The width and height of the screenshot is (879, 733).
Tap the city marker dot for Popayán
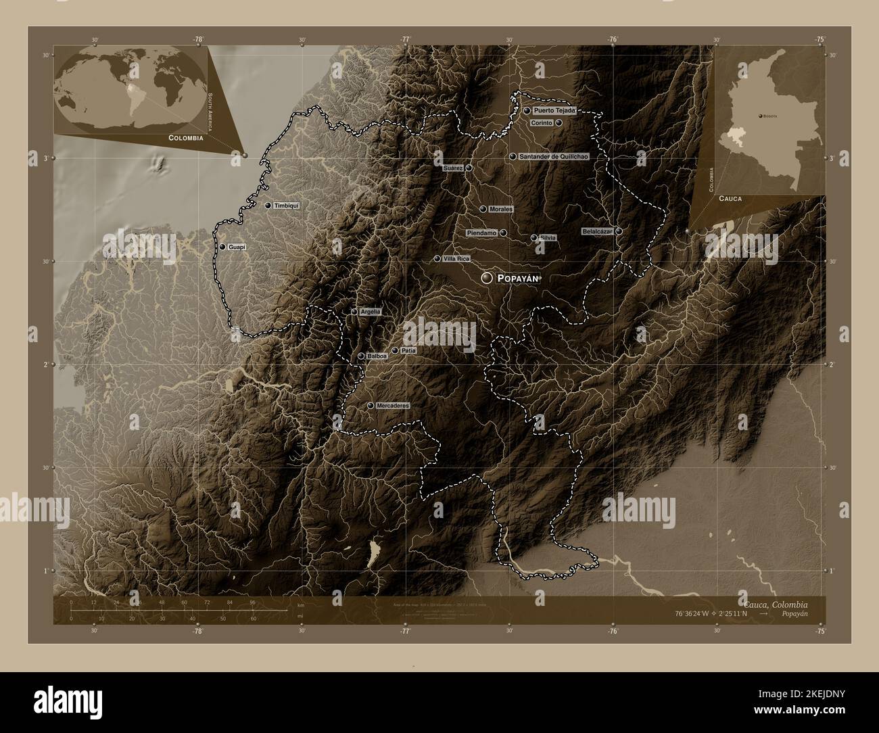(487, 278)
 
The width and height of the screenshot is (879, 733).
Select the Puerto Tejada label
(554, 110)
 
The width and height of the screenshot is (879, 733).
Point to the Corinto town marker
(559, 123)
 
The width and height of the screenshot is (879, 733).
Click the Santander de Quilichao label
(553, 156)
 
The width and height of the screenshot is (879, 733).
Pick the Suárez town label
(452, 168)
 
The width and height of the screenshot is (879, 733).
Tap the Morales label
(500, 210)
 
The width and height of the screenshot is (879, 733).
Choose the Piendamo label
(481, 233)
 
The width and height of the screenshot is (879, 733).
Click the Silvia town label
(548, 237)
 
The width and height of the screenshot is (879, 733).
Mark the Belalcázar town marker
(619, 231)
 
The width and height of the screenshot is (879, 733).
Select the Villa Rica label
(456, 259)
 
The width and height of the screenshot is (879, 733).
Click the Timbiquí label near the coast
(286, 206)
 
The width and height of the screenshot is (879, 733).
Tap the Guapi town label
(237, 247)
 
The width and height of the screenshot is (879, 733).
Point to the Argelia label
(371, 312)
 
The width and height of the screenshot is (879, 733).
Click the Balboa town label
(377, 356)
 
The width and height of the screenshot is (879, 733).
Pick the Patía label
(408, 351)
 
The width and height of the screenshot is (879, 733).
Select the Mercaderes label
(393, 406)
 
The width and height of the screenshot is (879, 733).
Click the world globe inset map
(131, 86)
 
